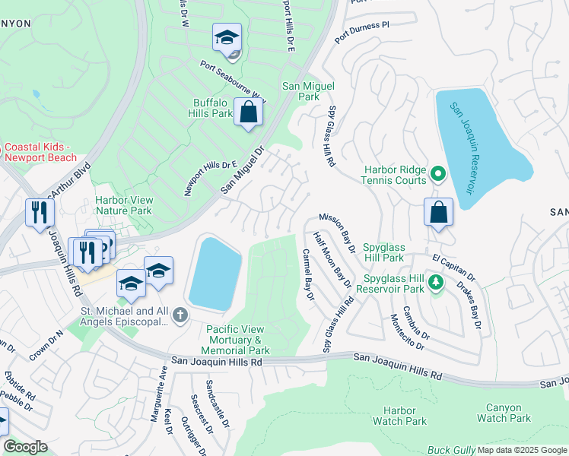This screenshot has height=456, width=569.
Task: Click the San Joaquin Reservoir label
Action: [461, 148]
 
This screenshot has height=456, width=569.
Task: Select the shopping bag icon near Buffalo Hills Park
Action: [248, 113]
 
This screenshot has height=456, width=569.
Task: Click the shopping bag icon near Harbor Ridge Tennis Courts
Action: [439, 213]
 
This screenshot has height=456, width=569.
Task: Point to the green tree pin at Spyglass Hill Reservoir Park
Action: [435, 283]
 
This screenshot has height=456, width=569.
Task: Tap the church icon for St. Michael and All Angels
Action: [180, 315]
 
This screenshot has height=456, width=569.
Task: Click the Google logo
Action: [25, 447]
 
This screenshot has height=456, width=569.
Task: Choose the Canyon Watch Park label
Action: [504, 413]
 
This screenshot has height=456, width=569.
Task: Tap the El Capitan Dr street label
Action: [453, 267]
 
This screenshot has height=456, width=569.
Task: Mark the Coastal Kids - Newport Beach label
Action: [40, 152]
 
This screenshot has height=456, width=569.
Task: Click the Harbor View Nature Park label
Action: [124, 205]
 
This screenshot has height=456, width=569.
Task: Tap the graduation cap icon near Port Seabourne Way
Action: [227, 38]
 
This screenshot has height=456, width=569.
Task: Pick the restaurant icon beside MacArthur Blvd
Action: [40, 213]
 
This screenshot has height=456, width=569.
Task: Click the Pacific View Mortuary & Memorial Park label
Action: [236, 340]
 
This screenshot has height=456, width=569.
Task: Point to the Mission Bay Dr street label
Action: [337, 232]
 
